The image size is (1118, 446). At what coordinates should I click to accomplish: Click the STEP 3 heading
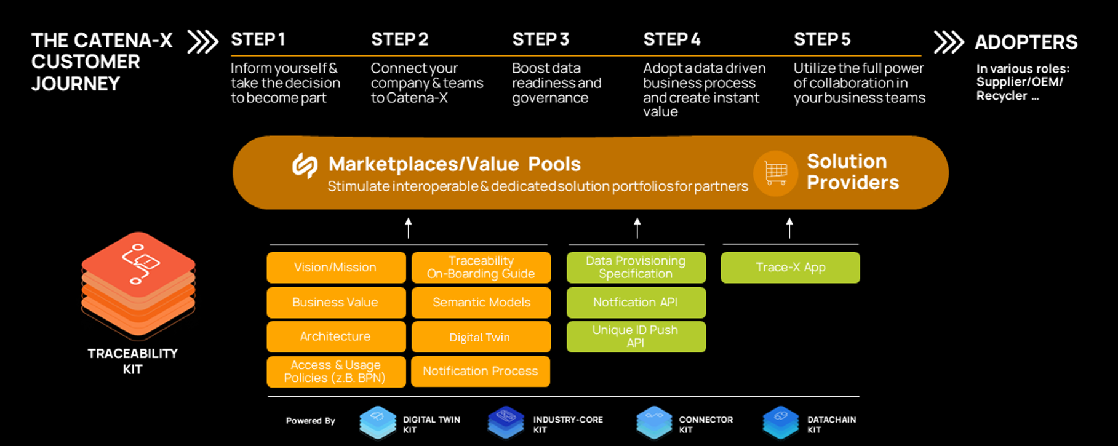click(540, 39)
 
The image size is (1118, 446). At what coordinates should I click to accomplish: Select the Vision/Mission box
click(336, 268)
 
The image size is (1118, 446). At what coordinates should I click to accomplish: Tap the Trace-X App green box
click(790, 268)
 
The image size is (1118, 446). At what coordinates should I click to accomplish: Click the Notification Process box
click(481, 372)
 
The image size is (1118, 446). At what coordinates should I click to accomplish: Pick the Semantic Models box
click(481, 303)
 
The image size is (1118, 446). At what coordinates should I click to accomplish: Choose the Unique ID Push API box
click(636, 336)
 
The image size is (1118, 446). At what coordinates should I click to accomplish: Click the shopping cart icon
click(775, 173)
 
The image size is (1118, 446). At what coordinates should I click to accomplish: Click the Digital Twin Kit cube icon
click(378, 423)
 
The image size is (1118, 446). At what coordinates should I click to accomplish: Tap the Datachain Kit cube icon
click(781, 423)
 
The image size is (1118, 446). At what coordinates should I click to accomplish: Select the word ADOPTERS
click(1026, 42)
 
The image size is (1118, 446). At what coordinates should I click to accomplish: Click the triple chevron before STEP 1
click(202, 42)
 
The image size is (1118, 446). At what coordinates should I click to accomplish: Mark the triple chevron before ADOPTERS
click(948, 42)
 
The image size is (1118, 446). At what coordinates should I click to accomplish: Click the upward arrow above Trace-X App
click(789, 228)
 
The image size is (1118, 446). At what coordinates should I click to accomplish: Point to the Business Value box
click(336, 303)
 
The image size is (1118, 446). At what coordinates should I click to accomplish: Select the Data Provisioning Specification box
click(636, 268)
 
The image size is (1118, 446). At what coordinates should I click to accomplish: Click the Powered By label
click(310, 421)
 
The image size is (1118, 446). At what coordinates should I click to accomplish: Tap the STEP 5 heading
click(822, 39)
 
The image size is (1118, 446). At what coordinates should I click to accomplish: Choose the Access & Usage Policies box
click(336, 372)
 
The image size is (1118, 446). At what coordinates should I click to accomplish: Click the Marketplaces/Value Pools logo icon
click(305, 165)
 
